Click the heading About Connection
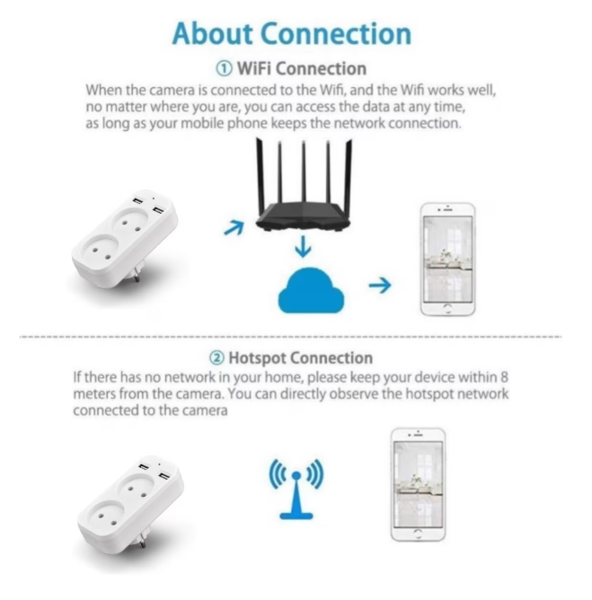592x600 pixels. click(292, 34)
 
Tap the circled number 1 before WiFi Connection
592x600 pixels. click(224, 69)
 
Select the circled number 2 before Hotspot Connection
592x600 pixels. click(216, 358)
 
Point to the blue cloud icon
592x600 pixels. click(311, 290)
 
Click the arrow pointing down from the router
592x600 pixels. click(303, 247)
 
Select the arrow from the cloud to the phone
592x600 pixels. click(380, 285)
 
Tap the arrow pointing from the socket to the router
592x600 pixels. click(234, 228)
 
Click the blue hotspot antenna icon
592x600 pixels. click(296, 489)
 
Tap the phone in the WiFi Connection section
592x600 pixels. click(447, 260)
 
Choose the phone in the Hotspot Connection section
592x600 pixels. click(419, 485)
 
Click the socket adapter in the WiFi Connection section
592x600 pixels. click(125, 239)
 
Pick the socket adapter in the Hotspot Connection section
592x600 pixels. click(130, 504)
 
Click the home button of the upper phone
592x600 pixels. click(447, 308)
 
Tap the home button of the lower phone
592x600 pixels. click(419, 534)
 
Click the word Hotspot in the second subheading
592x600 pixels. click(257, 358)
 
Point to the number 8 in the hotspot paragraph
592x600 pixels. click(504, 377)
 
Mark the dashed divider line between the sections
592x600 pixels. click(290, 337)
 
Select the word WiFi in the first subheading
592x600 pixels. click(254, 69)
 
